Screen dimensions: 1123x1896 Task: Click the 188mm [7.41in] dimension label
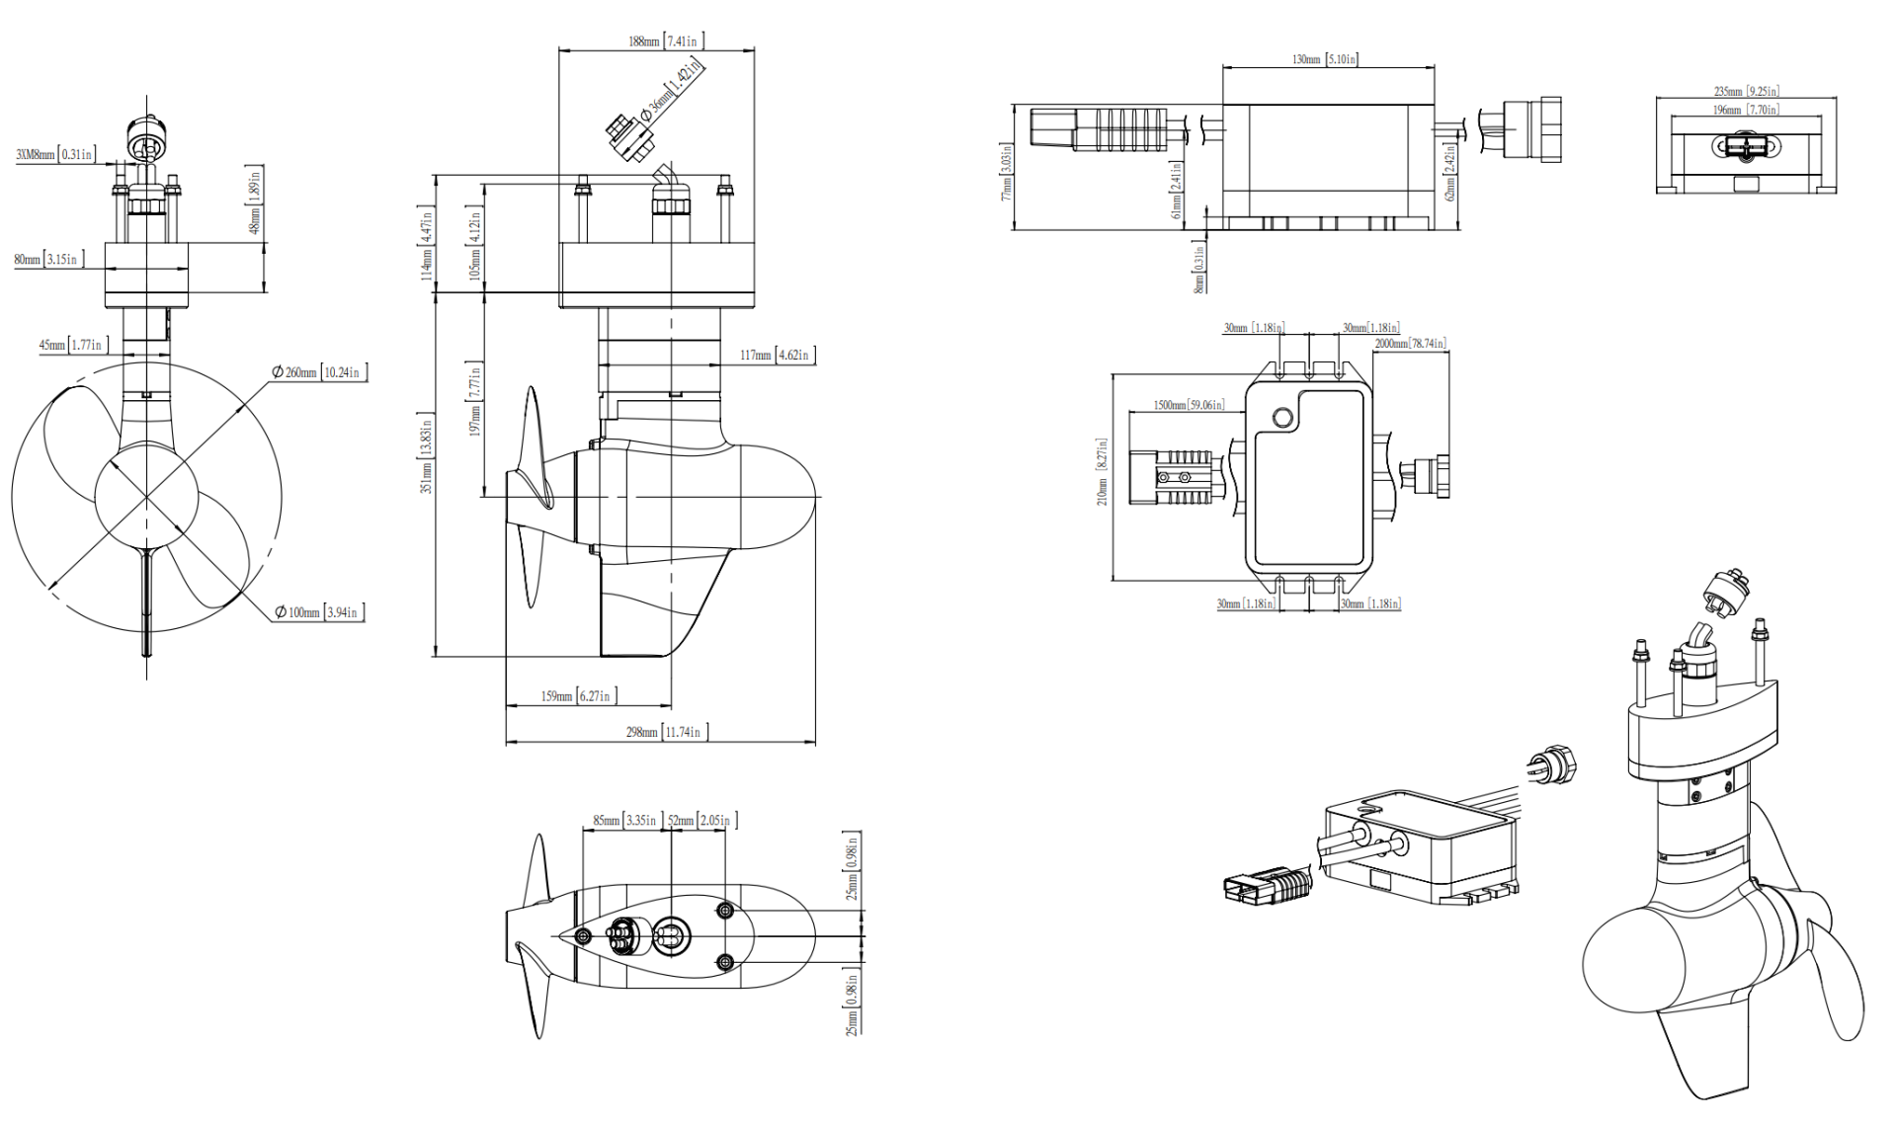(x=664, y=41)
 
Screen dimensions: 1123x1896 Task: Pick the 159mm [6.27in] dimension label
(x=576, y=696)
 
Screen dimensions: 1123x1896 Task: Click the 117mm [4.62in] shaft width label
(x=776, y=355)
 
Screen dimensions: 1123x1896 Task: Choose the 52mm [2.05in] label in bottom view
(x=700, y=821)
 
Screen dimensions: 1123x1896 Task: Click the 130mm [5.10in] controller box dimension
(x=1324, y=59)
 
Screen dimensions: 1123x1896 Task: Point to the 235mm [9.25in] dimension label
(x=1746, y=91)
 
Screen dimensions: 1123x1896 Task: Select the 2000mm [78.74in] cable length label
(x=1410, y=344)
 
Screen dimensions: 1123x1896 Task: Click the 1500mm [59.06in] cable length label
(x=1189, y=405)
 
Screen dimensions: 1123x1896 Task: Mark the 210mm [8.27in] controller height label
(x=1102, y=472)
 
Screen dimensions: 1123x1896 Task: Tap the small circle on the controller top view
(x=1281, y=417)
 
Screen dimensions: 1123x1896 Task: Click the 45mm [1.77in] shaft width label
(x=70, y=345)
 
